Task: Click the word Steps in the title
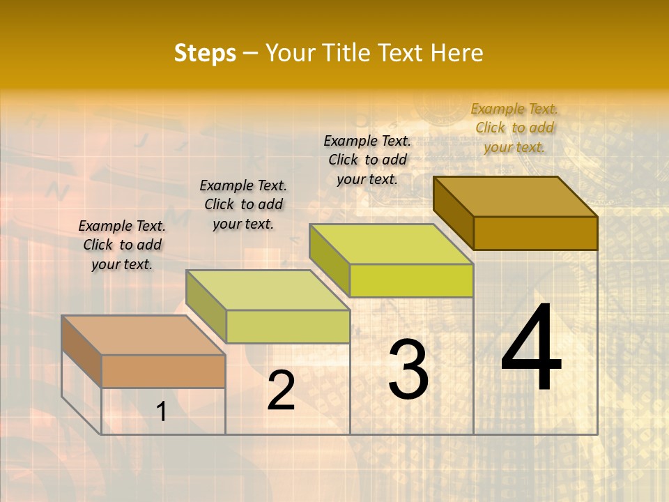(205, 53)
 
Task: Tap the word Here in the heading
(457, 53)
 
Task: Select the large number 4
(532, 349)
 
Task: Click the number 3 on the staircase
(408, 370)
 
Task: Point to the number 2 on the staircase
(281, 390)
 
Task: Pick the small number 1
(162, 412)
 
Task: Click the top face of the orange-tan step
(143, 335)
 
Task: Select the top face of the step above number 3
(391, 244)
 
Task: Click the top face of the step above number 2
(268, 290)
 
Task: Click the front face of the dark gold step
(535, 233)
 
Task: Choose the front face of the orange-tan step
(163, 371)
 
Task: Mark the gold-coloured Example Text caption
(514, 128)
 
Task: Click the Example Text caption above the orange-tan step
(122, 245)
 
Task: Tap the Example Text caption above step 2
(243, 204)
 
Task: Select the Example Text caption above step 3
(367, 160)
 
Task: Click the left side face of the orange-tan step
(82, 351)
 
